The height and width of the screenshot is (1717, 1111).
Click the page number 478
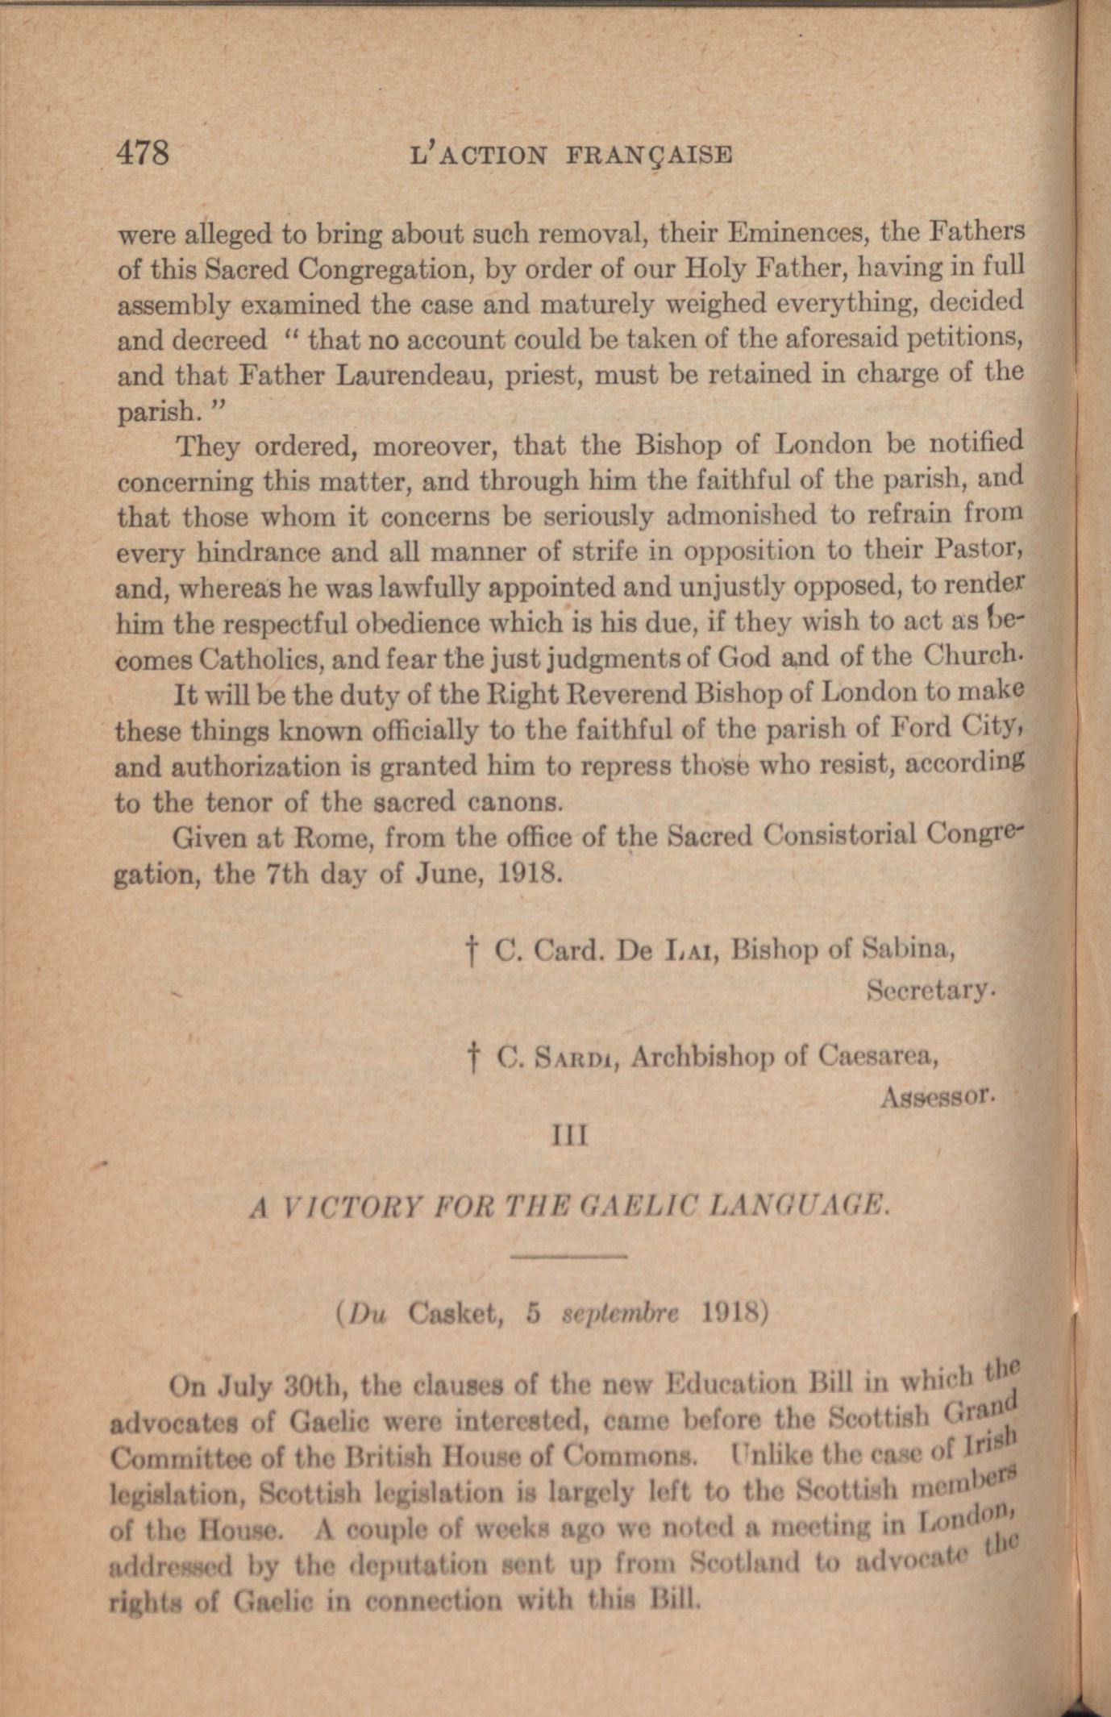(144, 152)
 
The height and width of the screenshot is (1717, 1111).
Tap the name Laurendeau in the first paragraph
(413, 376)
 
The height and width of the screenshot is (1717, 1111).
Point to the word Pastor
(978, 551)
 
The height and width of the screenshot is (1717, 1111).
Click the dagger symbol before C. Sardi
(474, 1057)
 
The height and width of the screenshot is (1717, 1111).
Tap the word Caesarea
(877, 1055)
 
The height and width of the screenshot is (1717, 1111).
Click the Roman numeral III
(568, 1137)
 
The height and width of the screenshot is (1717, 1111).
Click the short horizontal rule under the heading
(568, 1255)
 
